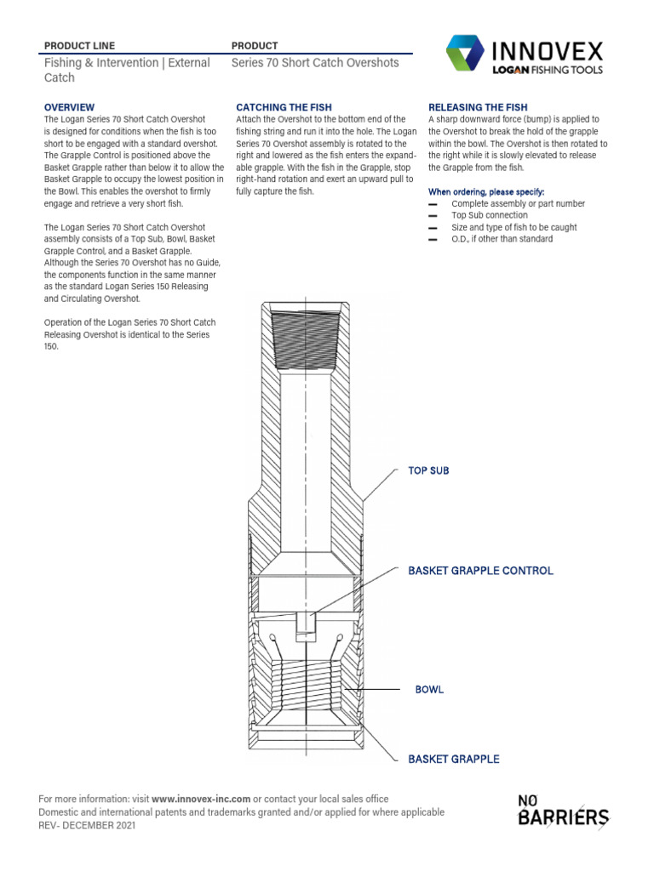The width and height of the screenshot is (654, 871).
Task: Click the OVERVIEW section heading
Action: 69,107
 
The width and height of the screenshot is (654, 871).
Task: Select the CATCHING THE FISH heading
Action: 284,107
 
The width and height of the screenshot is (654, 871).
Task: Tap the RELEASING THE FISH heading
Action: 478,107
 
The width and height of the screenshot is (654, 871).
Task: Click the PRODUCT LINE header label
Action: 79,45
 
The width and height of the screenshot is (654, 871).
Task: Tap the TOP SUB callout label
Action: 428,470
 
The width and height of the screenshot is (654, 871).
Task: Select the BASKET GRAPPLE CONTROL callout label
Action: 480,571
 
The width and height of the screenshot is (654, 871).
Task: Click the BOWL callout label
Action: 429,689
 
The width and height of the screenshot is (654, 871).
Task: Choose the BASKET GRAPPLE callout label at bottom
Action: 453,759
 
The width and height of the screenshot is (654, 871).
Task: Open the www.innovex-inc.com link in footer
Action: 201,799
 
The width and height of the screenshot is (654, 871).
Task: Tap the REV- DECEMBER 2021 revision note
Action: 86,825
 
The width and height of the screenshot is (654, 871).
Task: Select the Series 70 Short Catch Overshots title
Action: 315,63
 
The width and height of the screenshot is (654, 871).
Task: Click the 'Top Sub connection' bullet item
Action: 490,215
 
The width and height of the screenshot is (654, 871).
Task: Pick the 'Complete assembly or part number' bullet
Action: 518,204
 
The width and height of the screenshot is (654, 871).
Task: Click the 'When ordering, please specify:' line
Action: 486,191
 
